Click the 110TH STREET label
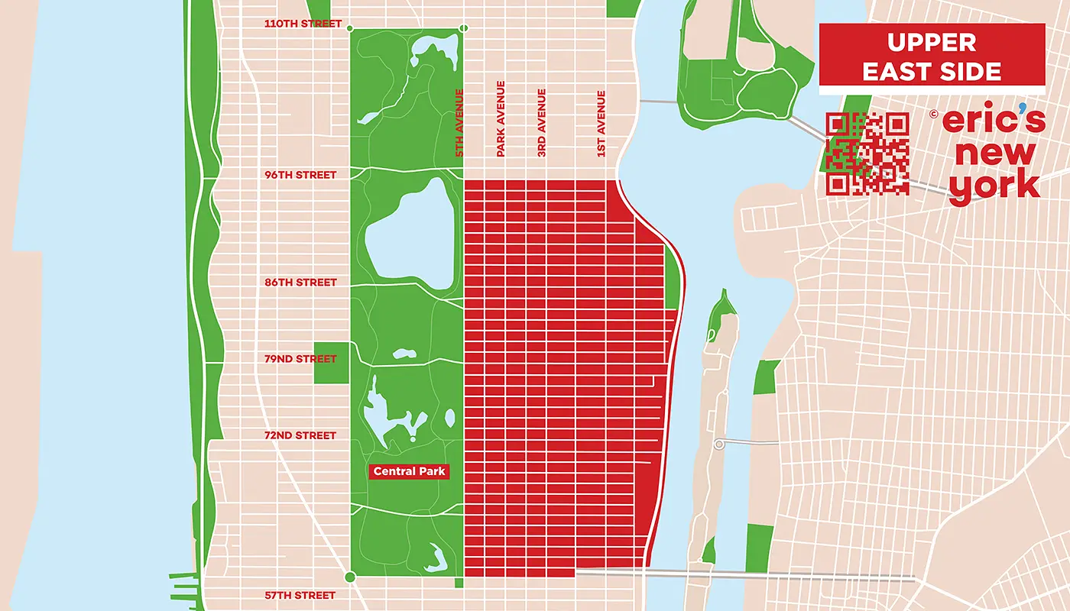click(x=303, y=24)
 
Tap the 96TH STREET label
click(x=300, y=175)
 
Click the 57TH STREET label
click(x=300, y=595)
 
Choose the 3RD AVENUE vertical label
click(x=542, y=124)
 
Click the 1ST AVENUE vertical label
click(x=601, y=124)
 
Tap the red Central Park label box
click(x=409, y=472)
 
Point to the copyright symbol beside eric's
click(x=933, y=115)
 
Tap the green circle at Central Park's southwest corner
click(x=350, y=577)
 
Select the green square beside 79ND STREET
click(x=331, y=363)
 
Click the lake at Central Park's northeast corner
click(x=431, y=53)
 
